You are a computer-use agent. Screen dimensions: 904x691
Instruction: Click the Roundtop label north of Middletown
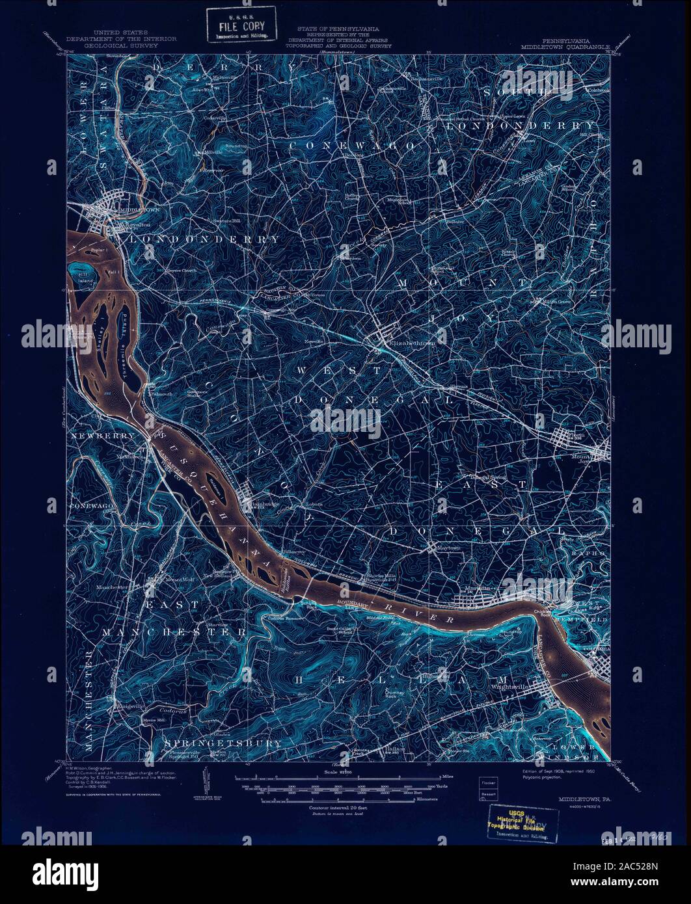tap(237, 146)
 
